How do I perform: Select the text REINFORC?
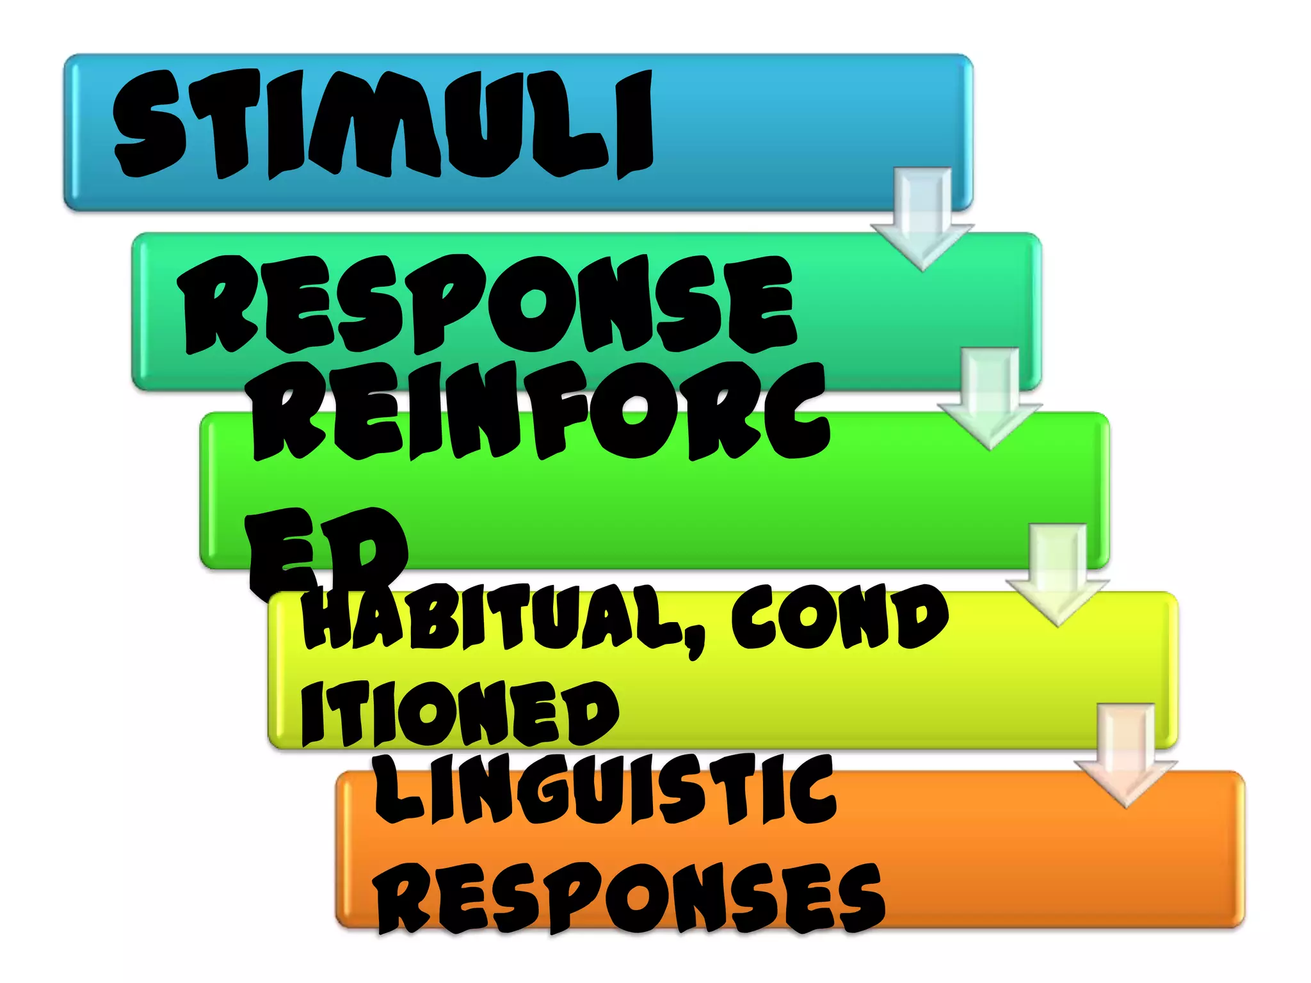pos(541,413)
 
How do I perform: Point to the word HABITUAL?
pos(493,618)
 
